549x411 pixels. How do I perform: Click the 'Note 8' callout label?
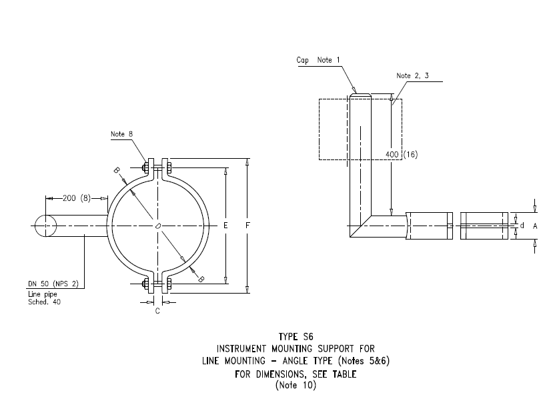pyautogui.click(x=122, y=133)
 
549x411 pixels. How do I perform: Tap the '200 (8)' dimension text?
pyautogui.click(x=77, y=198)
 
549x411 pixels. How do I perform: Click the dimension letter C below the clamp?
pyautogui.click(x=157, y=311)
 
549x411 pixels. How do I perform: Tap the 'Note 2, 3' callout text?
pyautogui.click(x=412, y=76)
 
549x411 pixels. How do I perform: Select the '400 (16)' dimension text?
pyautogui.click(x=402, y=154)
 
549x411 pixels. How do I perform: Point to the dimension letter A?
pyautogui.click(x=535, y=226)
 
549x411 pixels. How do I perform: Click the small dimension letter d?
pyautogui.click(x=522, y=226)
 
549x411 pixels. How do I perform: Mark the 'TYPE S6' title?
pyautogui.click(x=294, y=337)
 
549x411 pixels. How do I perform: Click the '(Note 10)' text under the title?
pyautogui.click(x=294, y=385)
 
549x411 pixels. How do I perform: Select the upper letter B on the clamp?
pyautogui.click(x=116, y=171)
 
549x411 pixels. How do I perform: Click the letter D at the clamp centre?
pyautogui.click(x=159, y=226)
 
